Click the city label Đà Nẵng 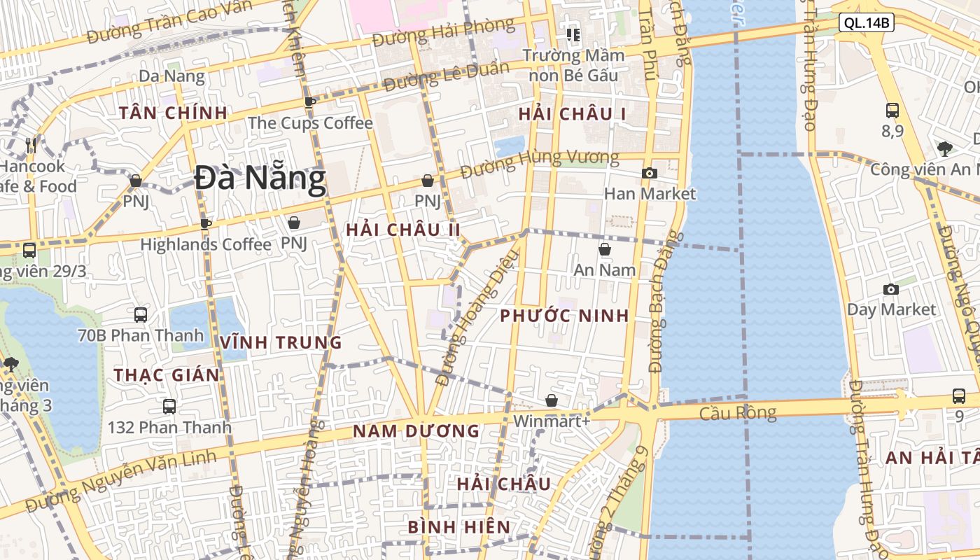(260, 178)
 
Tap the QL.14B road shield (867, 23)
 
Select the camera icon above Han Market (650, 173)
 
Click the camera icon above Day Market (891, 289)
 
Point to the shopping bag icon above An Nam (605, 249)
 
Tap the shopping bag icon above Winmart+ (552, 400)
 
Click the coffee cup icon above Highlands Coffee (205, 224)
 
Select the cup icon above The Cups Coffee (310, 102)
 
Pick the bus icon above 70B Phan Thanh (141, 314)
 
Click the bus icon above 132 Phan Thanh (169, 406)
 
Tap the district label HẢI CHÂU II (403, 230)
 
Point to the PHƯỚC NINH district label (564, 316)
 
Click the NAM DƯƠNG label (416, 431)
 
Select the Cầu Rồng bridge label (738, 414)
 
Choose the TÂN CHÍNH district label (173, 113)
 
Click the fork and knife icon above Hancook (31, 146)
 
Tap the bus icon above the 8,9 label (892, 110)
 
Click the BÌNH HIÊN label (458, 527)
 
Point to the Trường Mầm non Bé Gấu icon (573, 34)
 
